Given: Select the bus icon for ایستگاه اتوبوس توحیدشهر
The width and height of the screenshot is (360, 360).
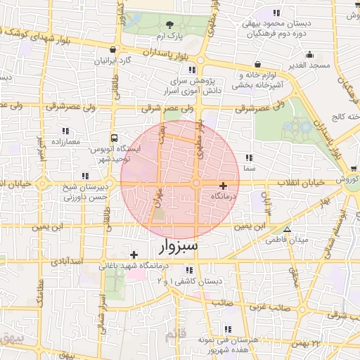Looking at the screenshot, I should tap(114, 139).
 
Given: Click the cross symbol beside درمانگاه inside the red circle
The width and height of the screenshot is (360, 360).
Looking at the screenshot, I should tap(224, 186).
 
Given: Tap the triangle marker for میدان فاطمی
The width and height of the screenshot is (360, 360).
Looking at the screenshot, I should tap(287, 229).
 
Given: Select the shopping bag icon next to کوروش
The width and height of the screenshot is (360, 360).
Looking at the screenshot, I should tap(352, 169).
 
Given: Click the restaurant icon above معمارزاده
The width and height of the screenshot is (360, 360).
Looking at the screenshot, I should tap(65, 131).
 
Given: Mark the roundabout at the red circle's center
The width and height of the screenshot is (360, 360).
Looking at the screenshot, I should tap(197, 183).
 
